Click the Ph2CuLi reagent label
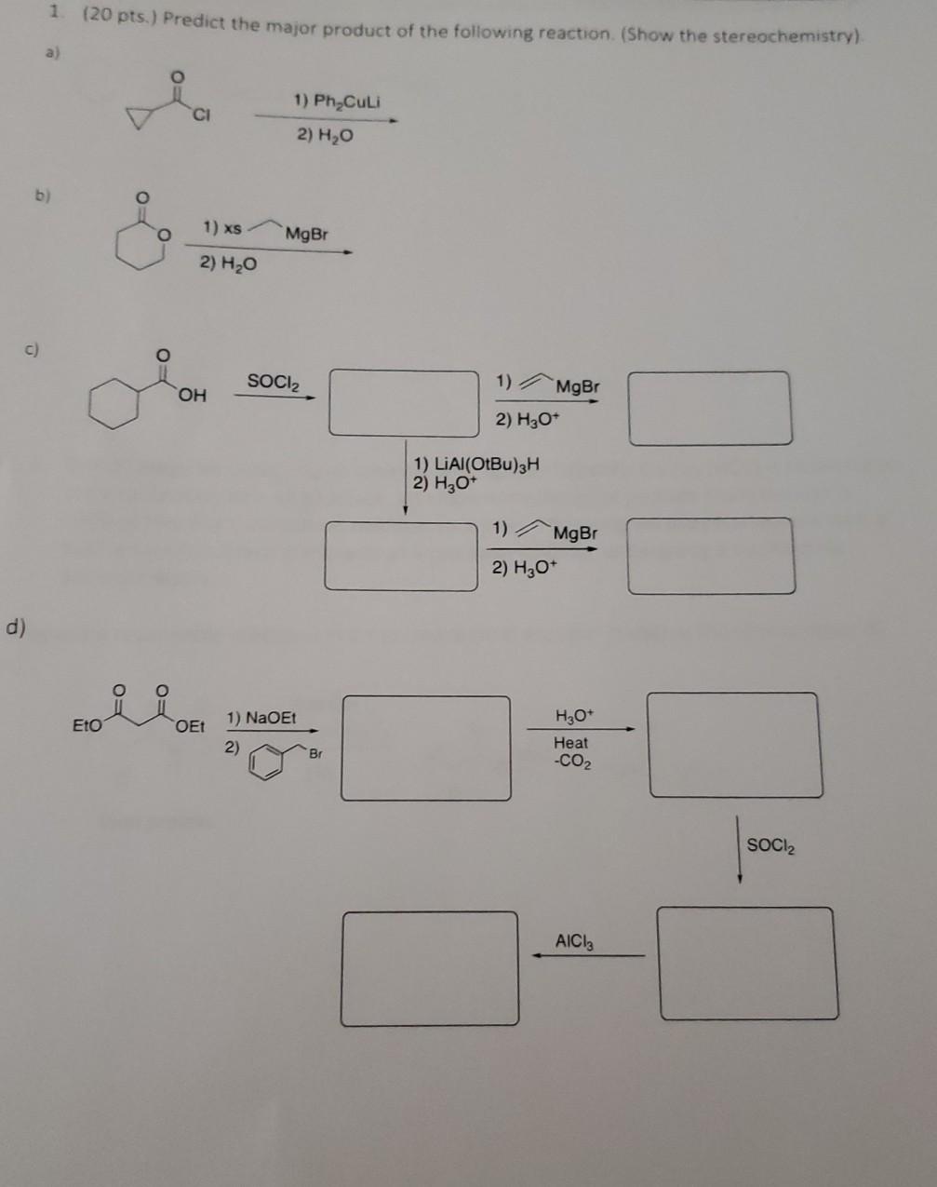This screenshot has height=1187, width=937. [337, 101]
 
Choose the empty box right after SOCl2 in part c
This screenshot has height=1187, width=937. [404, 403]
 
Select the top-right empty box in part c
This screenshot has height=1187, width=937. [710, 408]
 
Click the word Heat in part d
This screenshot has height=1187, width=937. [570, 743]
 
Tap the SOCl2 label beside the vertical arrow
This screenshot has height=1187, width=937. [771, 845]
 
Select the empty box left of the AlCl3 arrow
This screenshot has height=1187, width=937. [430, 968]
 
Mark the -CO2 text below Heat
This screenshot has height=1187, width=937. [570, 762]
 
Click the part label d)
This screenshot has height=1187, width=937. [16, 627]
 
